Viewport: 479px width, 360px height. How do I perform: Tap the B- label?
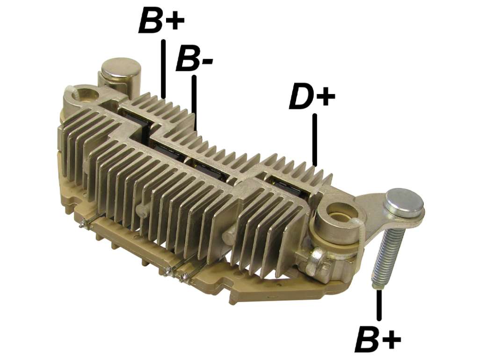[x=194, y=58]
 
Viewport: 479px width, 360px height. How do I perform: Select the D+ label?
[x=312, y=96]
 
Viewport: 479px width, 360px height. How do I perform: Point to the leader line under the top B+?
[x=163, y=68]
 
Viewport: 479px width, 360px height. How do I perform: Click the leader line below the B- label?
[x=194, y=102]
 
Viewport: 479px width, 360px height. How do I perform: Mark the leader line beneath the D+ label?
[x=315, y=140]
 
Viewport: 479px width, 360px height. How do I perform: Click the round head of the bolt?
[x=405, y=203]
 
